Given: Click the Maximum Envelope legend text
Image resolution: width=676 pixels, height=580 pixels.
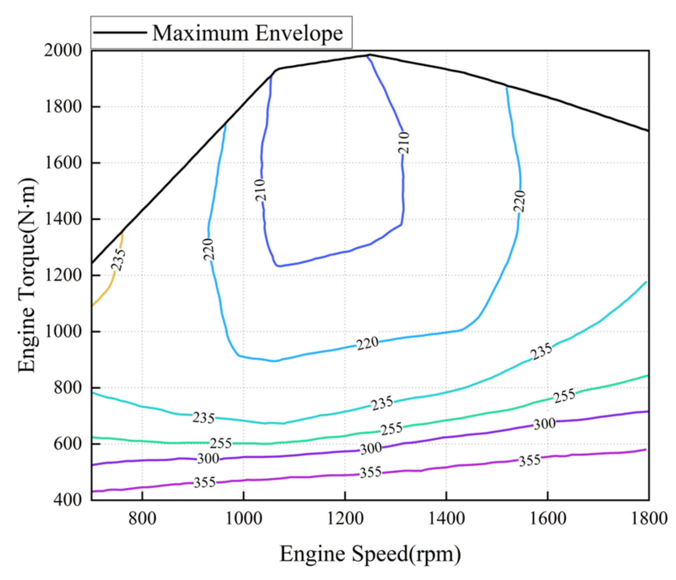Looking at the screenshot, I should click(x=247, y=33).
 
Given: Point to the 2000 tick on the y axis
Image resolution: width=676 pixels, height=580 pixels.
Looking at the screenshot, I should click(x=63, y=50).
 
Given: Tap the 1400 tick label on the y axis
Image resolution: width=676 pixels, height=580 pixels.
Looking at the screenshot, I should click(x=63, y=219).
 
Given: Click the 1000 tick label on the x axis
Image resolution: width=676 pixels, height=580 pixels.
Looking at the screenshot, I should click(x=243, y=518).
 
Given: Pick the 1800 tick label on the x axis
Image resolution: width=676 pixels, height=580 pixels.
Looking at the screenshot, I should click(x=649, y=518).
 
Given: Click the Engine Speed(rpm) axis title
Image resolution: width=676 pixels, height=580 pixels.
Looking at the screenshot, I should click(x=370, y=554).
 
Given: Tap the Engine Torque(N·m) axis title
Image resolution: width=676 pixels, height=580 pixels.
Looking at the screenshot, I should click(x=28, y=275).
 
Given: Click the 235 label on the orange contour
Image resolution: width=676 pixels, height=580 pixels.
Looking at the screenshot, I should click(x=118, y=260).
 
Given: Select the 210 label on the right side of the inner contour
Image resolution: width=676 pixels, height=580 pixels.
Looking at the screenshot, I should click(x=404, y=143).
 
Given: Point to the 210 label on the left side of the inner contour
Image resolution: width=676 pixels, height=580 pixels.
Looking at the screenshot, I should click(x=261, y=190).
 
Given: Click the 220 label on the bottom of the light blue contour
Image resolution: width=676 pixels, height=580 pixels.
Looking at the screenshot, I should click(x=368, y=344).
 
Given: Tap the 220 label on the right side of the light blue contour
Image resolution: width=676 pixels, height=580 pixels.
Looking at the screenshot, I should click(x=519, y=201).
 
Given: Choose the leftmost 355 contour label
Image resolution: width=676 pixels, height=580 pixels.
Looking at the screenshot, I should click(x=204, y=482).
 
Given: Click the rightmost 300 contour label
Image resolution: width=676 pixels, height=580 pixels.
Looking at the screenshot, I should click(x=544, y=424).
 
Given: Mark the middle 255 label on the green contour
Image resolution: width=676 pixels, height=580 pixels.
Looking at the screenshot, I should click(x=391, y=429).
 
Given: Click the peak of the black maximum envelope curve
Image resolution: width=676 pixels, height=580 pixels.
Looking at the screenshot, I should click(x=369, y=54).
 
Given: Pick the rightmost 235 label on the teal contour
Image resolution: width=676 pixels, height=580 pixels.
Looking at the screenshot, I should click(x=541, y=351).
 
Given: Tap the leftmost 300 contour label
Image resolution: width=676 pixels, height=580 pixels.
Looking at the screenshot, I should click(x=208, y=459).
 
